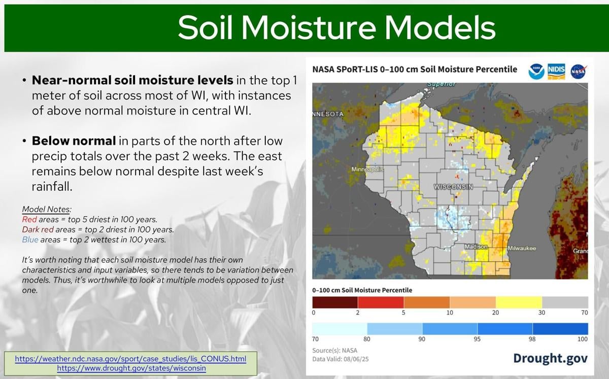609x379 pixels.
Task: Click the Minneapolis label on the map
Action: (x=367, y=169)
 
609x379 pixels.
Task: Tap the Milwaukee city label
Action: (x=521, y=248)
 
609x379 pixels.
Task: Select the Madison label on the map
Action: (x=476, y=247)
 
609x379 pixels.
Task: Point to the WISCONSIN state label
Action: (x=453, y=187)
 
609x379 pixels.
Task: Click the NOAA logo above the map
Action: (x=536, y=72)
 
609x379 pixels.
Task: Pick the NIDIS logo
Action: (x=557, y=72)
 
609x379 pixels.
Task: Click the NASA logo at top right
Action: (x=578, y=72)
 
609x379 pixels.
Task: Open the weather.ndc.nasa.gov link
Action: (x=130, y=359)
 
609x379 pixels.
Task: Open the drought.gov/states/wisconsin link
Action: (x=131, y=368)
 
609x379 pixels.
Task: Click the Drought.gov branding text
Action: (x=550, y=358)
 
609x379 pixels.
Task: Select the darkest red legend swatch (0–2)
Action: (x=334, y=302)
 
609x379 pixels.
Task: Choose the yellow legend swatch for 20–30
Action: (x=519, y=302)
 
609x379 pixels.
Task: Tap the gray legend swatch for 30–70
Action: (x=565, y=302)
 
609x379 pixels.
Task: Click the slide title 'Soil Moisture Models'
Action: (x=336, y=27)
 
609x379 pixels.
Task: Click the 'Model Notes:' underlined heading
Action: (x=47, y=210)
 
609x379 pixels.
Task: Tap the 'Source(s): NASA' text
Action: (x=334, y=351)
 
